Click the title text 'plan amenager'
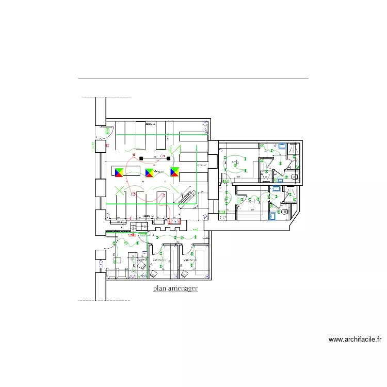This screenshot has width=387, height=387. click(x=175, y=289)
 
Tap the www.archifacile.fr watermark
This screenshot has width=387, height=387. click(x=355, y=340)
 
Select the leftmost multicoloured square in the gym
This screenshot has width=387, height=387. click(x=119, y=172)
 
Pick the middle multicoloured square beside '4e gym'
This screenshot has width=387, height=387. click(x=149, y=172)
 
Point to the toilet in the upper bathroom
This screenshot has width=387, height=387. click(x=295, y=176)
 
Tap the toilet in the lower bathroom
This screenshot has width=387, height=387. click(x=284, y=211)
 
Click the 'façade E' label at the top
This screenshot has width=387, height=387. click(x=150, y=124)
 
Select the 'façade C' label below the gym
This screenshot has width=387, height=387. click(x=149, y=216)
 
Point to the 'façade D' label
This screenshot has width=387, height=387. click(x=202, y=166)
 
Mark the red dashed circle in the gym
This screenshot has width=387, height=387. click(x=134, y=194)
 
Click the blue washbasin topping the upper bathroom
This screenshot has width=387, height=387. click(x=283, y=146)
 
